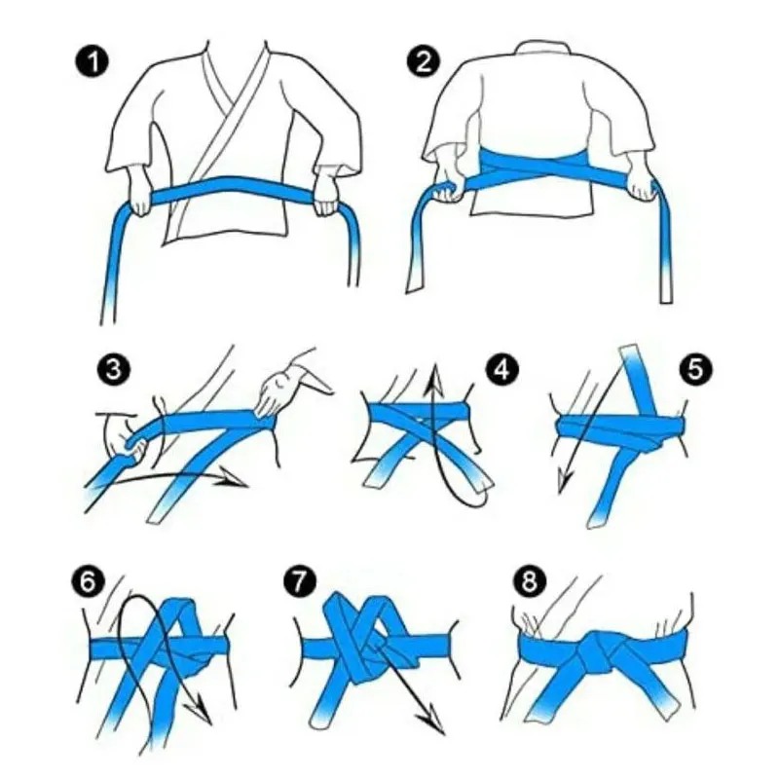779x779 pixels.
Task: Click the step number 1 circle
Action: point(93,61)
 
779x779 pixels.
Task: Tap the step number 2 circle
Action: point(423,61)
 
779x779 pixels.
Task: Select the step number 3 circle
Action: point(114,369)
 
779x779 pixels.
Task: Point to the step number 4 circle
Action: point(502,369)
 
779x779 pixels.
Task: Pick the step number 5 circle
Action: point(695,369)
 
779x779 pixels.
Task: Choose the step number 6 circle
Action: point(88,580)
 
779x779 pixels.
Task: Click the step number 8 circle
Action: point(529,580)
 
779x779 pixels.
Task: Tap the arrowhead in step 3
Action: point(233,478)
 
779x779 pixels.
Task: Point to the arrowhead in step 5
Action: point(564,481)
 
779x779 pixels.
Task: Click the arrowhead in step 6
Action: point(200,710)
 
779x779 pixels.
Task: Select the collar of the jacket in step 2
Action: point(541,49)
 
